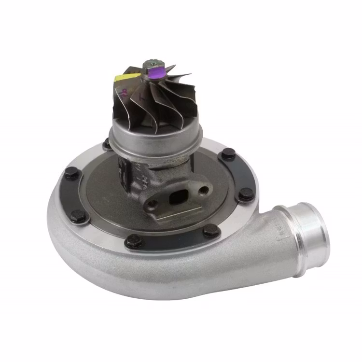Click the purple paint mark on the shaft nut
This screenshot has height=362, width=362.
pyautogui.click(x=156, y=74)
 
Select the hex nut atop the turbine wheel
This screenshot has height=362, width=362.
pyautogui.click(x=150, y=64)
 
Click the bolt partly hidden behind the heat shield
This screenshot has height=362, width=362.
pyautogui.click(x=108, y=143)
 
